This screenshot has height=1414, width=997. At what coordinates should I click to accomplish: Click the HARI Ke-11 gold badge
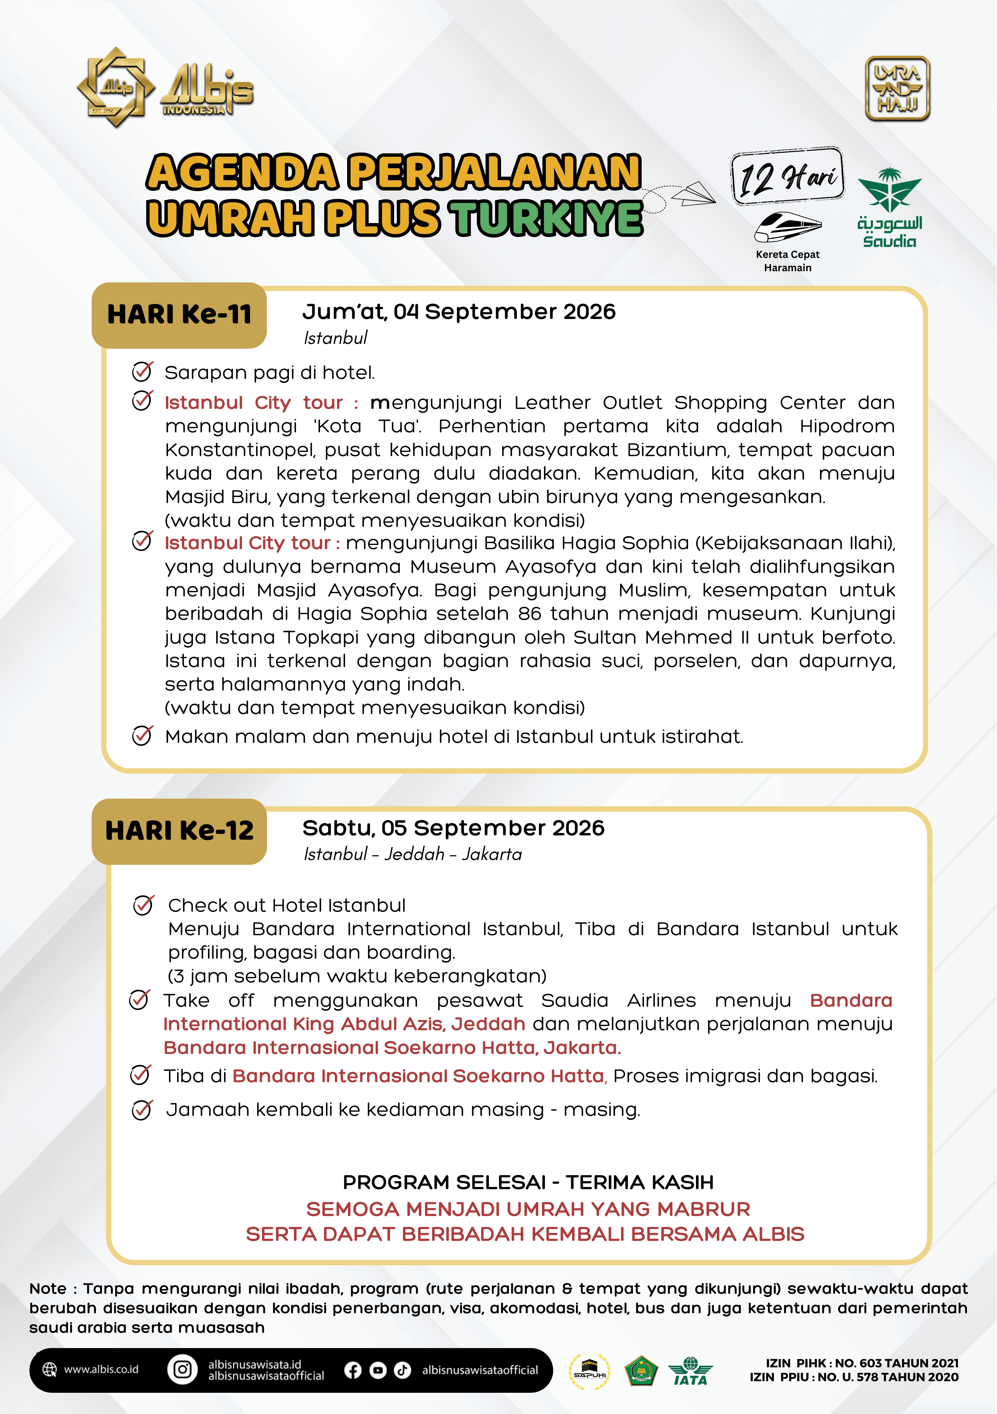pos(179,315)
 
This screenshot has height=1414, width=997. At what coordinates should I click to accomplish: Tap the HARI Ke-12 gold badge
pos(179,831)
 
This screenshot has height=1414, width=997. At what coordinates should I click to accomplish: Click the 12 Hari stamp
pos(787,177)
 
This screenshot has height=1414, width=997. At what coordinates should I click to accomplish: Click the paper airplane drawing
pos(693,193)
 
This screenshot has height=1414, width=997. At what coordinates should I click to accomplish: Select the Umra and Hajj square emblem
pos(897,89)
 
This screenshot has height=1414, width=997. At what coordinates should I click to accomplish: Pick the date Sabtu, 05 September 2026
pos(453,828)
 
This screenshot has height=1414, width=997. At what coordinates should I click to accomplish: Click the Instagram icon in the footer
pos(182,1370)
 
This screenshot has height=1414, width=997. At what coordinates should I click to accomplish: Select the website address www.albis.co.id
pos(101,1370)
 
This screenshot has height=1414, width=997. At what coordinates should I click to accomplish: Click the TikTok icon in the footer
pos(402,1370)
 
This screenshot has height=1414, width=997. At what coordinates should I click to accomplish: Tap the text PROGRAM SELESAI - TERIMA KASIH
pos(528,1182)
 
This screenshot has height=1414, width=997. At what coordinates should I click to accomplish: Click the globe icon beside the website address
pos(49,1370)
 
